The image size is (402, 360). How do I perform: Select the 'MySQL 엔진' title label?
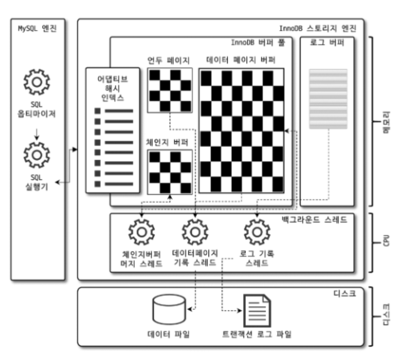[37, 28]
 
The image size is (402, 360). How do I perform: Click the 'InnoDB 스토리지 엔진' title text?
[317, 28]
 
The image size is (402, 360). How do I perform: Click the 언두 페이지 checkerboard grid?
[170, 90]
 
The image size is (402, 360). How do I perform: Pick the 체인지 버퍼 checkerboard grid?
[170, 172]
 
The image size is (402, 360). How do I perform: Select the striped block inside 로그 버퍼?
[328, 99]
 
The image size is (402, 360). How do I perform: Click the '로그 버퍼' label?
[327, 43]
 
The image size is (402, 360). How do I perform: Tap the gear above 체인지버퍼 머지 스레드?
[141, 232]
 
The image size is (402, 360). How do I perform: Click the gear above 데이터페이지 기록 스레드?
[195, 232]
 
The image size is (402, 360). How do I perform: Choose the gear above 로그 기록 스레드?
[257, 232]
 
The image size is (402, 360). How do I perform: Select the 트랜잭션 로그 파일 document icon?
[256, 310]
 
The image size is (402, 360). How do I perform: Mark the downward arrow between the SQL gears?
[37, 133]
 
